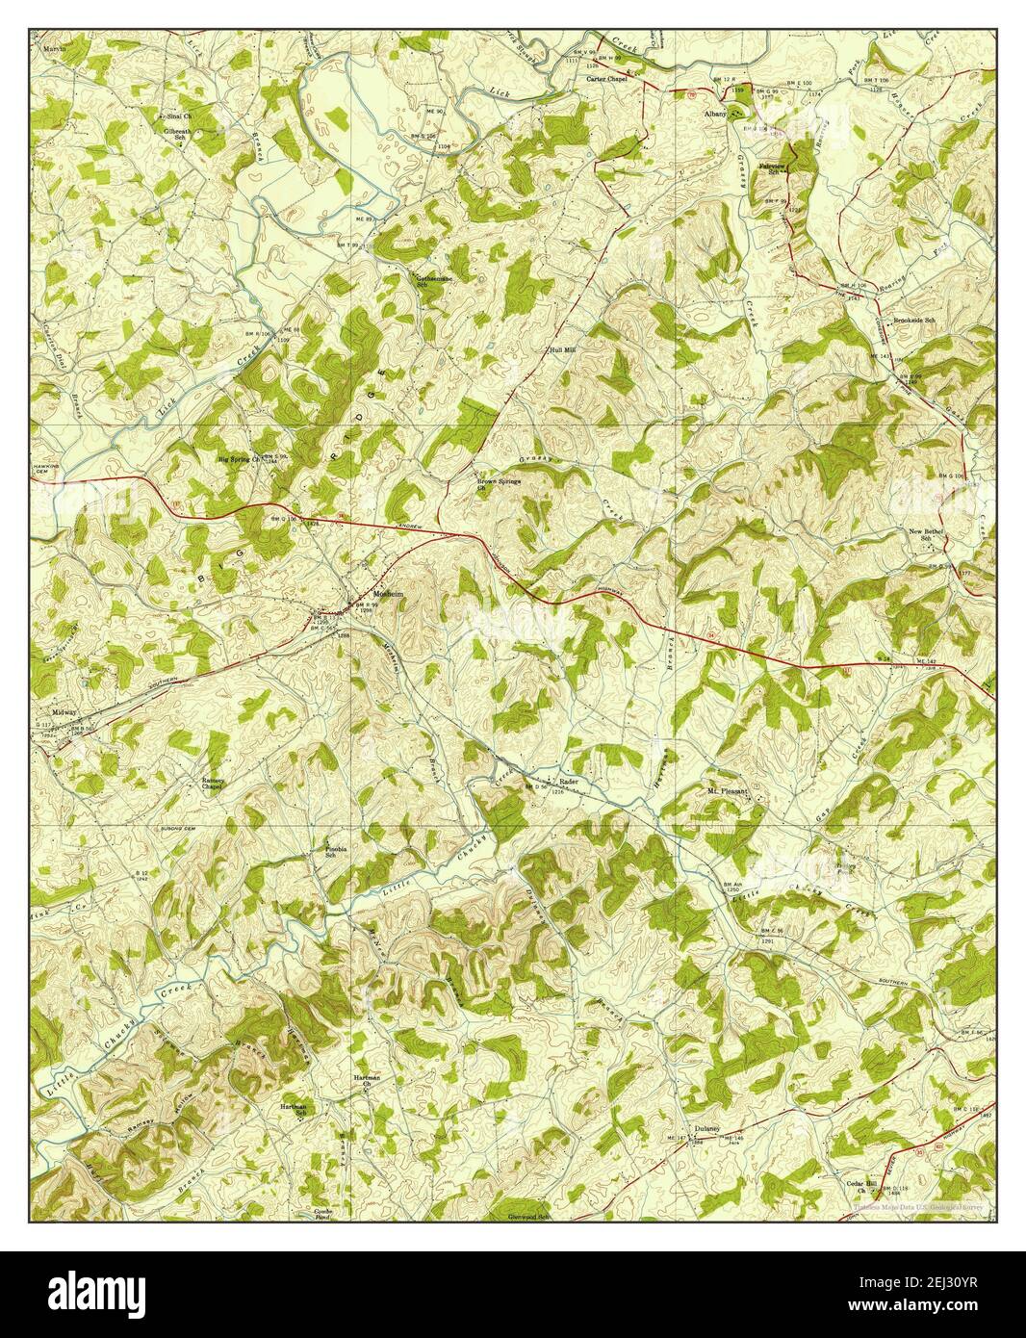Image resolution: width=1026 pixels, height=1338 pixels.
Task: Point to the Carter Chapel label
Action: [607, 79]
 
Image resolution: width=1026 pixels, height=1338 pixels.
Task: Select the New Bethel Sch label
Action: [928, 535]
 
